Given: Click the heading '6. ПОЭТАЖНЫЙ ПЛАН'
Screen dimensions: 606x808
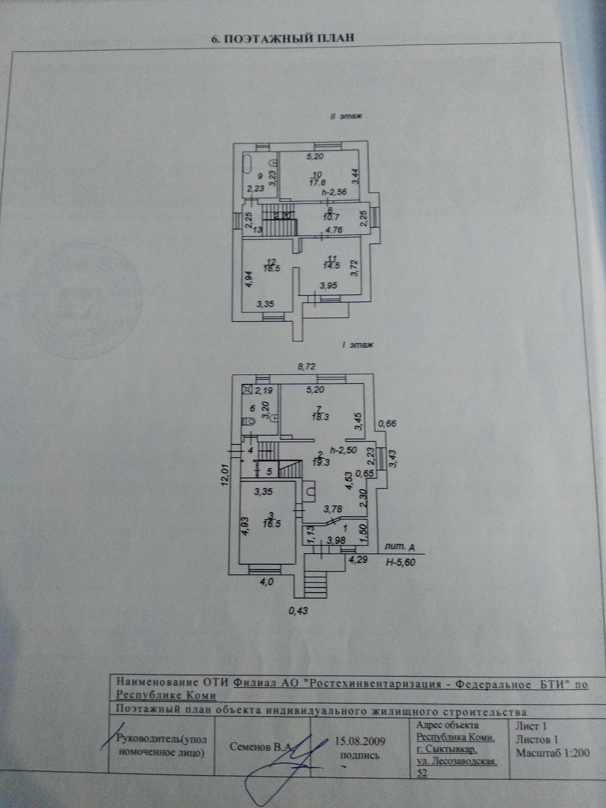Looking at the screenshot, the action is [x=283, y=39].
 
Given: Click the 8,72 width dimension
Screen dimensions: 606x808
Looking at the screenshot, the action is [x=306, y=367].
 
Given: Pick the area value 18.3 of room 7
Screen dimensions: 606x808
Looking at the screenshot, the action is [x=321, y=417].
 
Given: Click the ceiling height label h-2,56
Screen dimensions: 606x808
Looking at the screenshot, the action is [x=334, y=191].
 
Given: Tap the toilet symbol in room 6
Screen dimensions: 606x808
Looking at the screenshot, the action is [x=248, y=421].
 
